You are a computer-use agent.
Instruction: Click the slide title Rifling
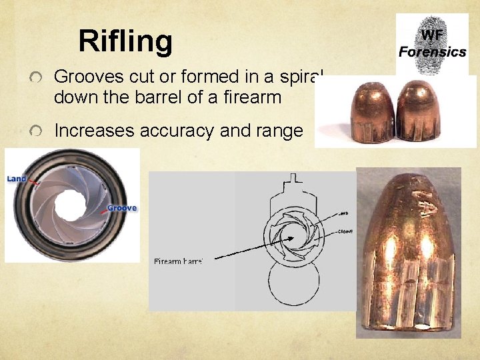click(x=125, y=41)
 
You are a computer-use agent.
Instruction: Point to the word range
click(x=275, y=131)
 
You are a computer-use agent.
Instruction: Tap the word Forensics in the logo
click(x=432, y=51)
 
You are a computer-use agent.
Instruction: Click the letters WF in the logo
click(x=431, y=34)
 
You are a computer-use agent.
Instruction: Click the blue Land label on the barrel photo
click(x=17, y=179)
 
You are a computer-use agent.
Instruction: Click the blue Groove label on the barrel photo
click(x=122, y=208)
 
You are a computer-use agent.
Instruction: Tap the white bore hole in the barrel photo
click(x=72, y=204)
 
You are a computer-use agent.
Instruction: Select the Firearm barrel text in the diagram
click(x=178, y=261)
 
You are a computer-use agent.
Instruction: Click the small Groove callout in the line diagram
click(x=345, y=231)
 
